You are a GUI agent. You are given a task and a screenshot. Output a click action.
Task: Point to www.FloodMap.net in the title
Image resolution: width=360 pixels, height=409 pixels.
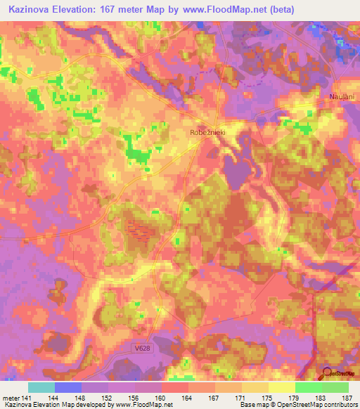tap(221, 10)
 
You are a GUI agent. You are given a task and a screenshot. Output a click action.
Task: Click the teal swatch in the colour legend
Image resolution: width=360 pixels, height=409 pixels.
tap(41, 387)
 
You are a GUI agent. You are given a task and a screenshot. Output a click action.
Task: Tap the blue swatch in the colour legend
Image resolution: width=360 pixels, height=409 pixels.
tap(68, 387)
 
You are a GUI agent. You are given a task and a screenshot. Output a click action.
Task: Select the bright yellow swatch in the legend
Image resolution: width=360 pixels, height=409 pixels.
tap(281, 387)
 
